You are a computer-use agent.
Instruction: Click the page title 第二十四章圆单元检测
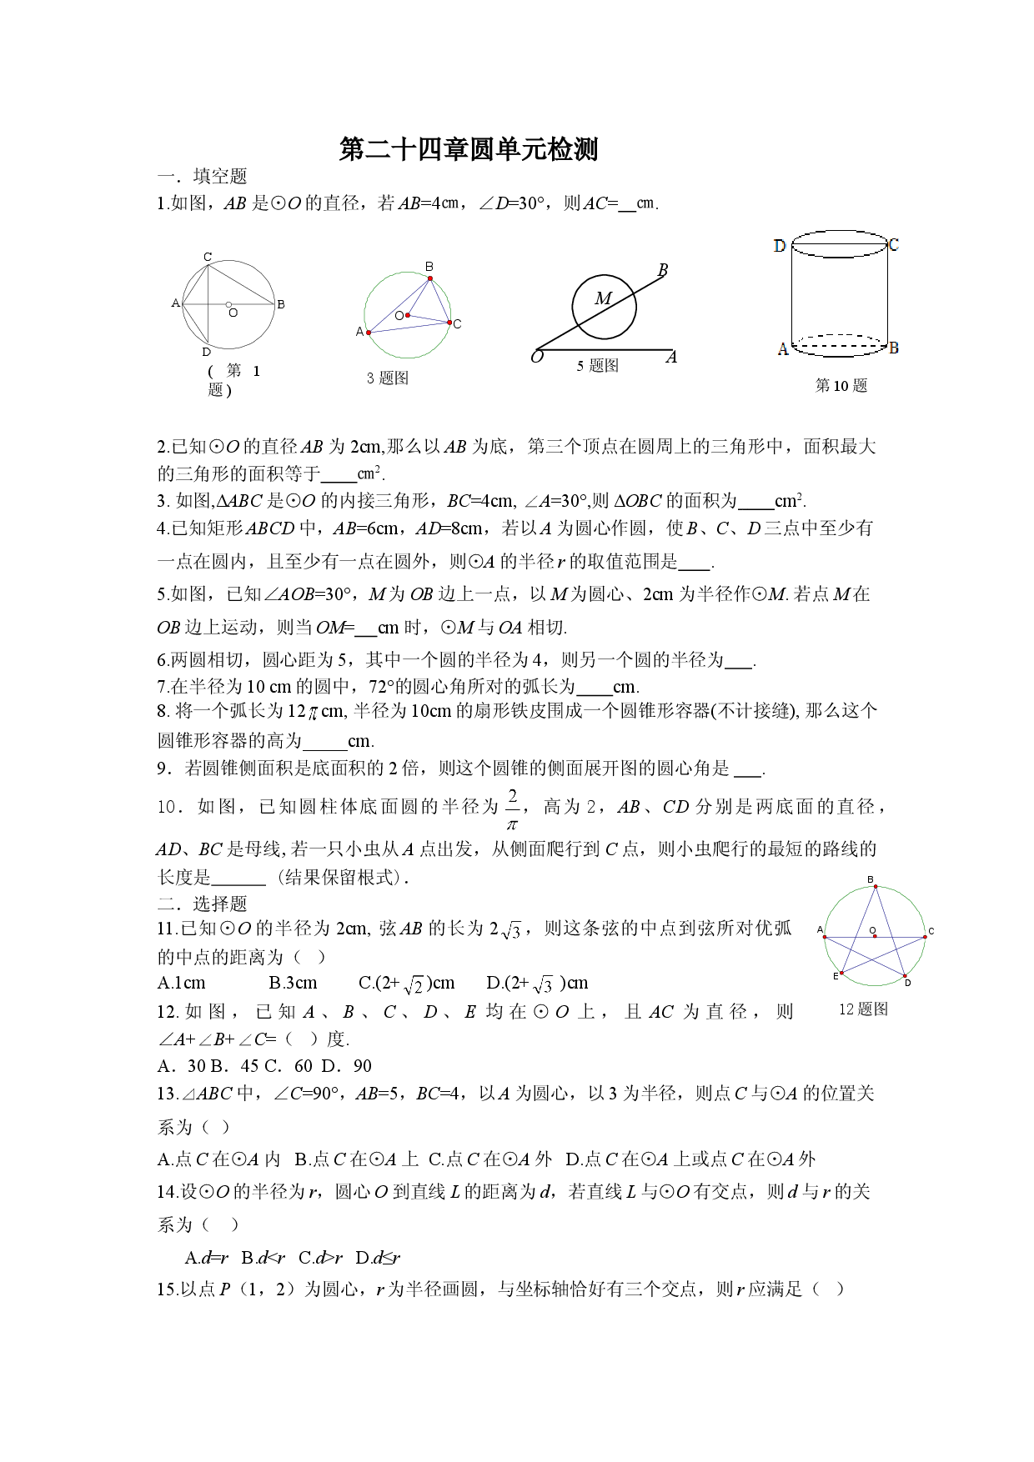(x=469, y=149)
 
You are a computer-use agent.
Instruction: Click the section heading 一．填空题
(x=203, y=177)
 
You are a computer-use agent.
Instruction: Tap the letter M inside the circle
(x=603, y=298)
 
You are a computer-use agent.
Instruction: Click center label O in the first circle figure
(x=233, y=313)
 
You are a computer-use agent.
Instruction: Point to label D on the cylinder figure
(x=780, y=246)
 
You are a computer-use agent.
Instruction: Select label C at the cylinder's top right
(x=894, y=244)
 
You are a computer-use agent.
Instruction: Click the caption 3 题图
(x=388, y=378)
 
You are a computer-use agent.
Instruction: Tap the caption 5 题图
(x=597, y=366)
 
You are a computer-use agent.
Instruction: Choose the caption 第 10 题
(x=841, y=385)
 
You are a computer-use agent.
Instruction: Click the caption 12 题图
(x=863, y=1009)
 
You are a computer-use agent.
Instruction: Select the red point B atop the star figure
(x=876, y=887)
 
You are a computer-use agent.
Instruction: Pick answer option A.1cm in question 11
(x=182, y=983)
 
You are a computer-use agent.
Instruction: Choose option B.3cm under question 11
(x=293, y=983)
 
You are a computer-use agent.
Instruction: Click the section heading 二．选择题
(x=203, y=904)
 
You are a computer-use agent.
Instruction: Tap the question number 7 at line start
(x=162, y=687)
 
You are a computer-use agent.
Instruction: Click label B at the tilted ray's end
(x=663, y=270)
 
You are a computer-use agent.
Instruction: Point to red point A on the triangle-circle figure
(x=369, y=333)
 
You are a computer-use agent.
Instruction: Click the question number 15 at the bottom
(x=166, y=1289)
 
